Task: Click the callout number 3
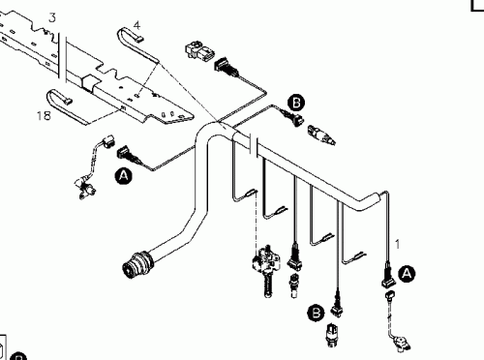(51, 17)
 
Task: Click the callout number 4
(136, 24)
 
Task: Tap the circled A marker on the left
(123, 176)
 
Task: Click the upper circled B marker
(296, 101)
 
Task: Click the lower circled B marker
(316, 312)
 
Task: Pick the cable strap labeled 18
(64, 98)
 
